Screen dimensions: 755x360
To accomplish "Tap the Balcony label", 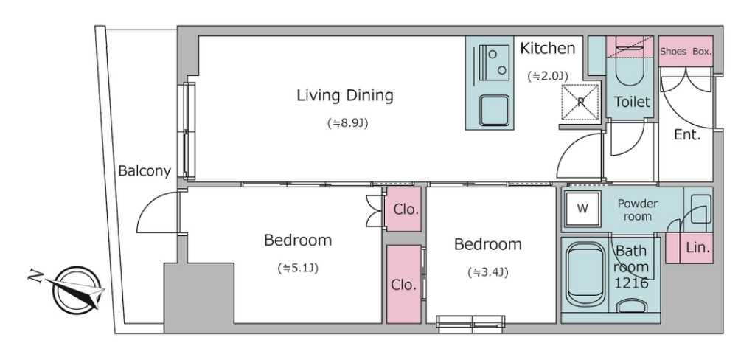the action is click(x=145, y=171).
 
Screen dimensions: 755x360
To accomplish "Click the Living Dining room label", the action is click(x=345, y=95).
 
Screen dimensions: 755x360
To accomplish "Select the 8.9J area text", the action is click(x=348, y=123).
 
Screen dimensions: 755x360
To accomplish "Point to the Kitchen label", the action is click(x=548, y=48).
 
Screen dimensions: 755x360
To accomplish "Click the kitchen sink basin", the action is click(x=494, y=111).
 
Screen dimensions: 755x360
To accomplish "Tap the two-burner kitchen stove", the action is click(x=491, y=62).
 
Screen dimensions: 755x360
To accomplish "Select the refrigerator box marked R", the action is click(x=581, y=102).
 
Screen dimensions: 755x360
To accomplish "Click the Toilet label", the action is click(x=632, y=102).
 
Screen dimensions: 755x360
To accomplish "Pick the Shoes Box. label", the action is click(x=686, y=52).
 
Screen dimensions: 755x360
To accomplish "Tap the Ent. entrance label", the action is click(x=687, y=135).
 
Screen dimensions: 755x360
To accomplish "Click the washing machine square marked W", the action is click(x=582, y=209).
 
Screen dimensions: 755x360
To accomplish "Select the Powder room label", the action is click(x=637, y=210).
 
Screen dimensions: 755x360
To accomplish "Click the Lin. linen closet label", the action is click(x=697, y=248).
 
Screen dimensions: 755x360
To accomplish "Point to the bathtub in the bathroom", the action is click(x=585, y=274).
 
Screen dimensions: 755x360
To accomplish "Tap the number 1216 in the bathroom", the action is click(x=631, y=283).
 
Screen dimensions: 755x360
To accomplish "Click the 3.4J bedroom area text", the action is click(x=488, y=273).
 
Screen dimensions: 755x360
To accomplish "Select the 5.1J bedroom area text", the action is click(x=298, y=268).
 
